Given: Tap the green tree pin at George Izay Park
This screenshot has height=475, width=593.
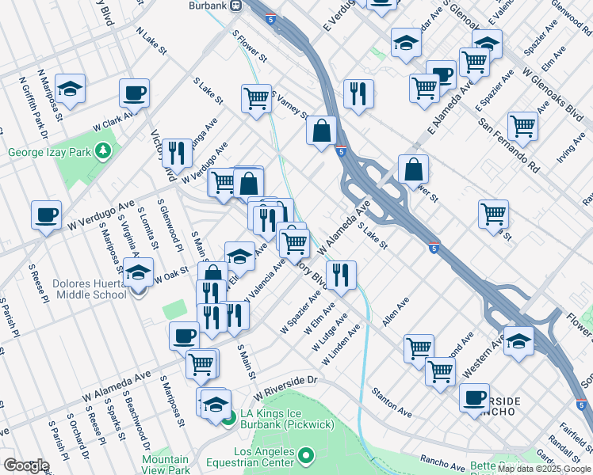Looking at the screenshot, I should pos(102,150).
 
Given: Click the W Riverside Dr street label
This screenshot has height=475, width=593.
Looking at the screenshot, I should pos(285,387).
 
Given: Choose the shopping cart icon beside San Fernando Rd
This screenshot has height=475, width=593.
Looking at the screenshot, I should pos(522,124).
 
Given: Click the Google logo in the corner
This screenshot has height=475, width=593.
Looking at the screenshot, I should pos(26,465).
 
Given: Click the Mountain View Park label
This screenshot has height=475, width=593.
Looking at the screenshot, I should pos(166,464).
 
